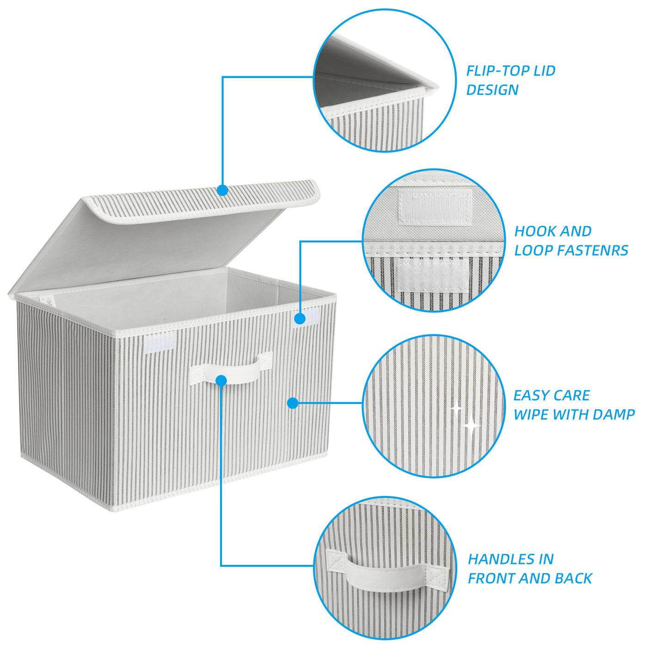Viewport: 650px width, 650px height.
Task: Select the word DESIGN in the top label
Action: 492,90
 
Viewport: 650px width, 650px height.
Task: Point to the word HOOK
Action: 533,231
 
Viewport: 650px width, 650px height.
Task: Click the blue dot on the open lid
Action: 223,190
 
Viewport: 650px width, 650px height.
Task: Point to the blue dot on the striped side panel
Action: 293,403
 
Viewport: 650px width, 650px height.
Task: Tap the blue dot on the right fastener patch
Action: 300,319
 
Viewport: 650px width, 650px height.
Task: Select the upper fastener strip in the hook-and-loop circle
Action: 435,207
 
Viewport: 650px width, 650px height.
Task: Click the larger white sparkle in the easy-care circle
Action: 472,426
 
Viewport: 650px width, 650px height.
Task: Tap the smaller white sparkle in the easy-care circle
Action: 456,408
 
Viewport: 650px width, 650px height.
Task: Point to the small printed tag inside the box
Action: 47,300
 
